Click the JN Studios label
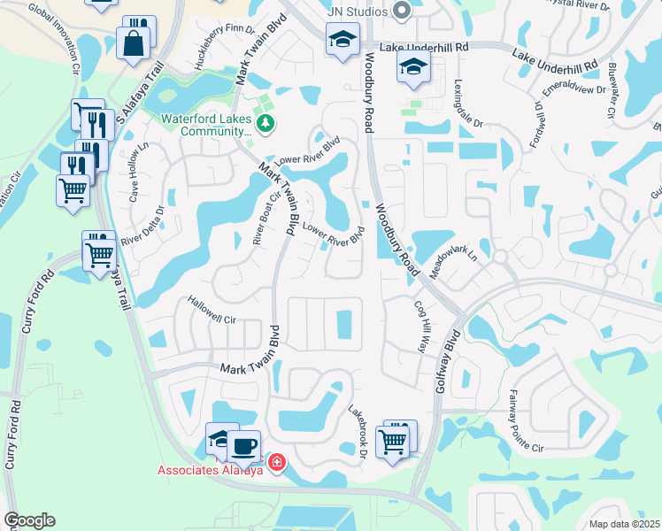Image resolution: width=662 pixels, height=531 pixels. pos(357,12)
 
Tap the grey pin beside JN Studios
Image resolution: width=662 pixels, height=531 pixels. pos(402,12)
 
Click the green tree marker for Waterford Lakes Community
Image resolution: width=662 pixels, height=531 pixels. pos(264,123)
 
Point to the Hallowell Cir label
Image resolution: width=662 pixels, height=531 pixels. pos(212,310)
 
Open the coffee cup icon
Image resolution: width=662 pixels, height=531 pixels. pos(243,445)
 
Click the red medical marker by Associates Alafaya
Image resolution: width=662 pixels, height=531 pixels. pos(276,463)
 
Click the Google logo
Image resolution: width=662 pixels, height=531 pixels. pos(29,521)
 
